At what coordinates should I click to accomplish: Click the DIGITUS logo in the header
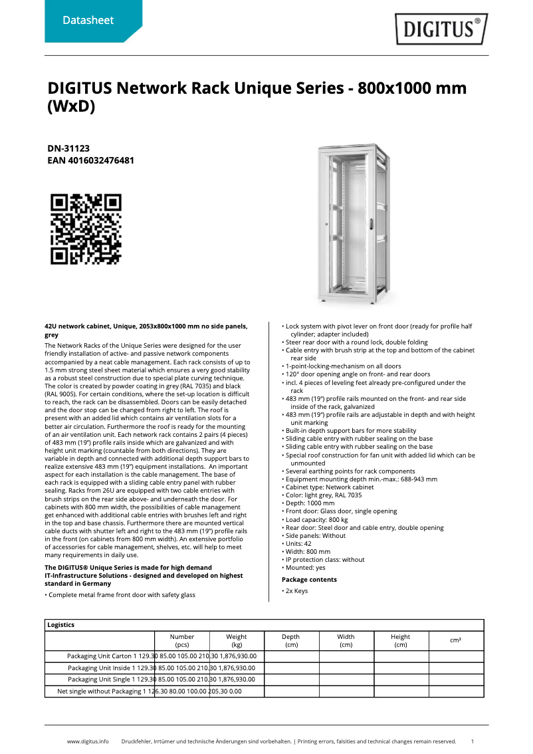[x=441, y=29]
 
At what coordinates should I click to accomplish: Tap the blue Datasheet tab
[x=88, y=21]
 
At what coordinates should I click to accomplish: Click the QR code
[x=86, y=229]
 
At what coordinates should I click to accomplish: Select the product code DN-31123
[x=68, y=149]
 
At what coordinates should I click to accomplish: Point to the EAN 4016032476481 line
[x=91, y=160]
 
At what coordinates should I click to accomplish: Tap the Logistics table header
[x=61, y=625]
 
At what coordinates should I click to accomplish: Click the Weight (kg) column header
[x=237, y=641]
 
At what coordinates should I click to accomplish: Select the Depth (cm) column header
[x=291, y=641]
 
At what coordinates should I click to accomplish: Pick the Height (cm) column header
[x=401, y=641]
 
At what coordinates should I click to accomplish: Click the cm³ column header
[x=456, y=640]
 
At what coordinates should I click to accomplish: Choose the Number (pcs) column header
[x=182, y=641]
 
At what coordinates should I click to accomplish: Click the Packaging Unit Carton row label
[x=100, y=656]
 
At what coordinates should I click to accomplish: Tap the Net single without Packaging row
[x=100, y=691]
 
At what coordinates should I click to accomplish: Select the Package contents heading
[x=309, y=580]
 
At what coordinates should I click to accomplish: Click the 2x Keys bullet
[x=296, y=591]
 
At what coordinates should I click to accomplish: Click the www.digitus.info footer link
[x=88, y=741]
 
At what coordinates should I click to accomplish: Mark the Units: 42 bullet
[x=299, y=543]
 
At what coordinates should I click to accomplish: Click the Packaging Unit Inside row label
[x=100, y=668]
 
